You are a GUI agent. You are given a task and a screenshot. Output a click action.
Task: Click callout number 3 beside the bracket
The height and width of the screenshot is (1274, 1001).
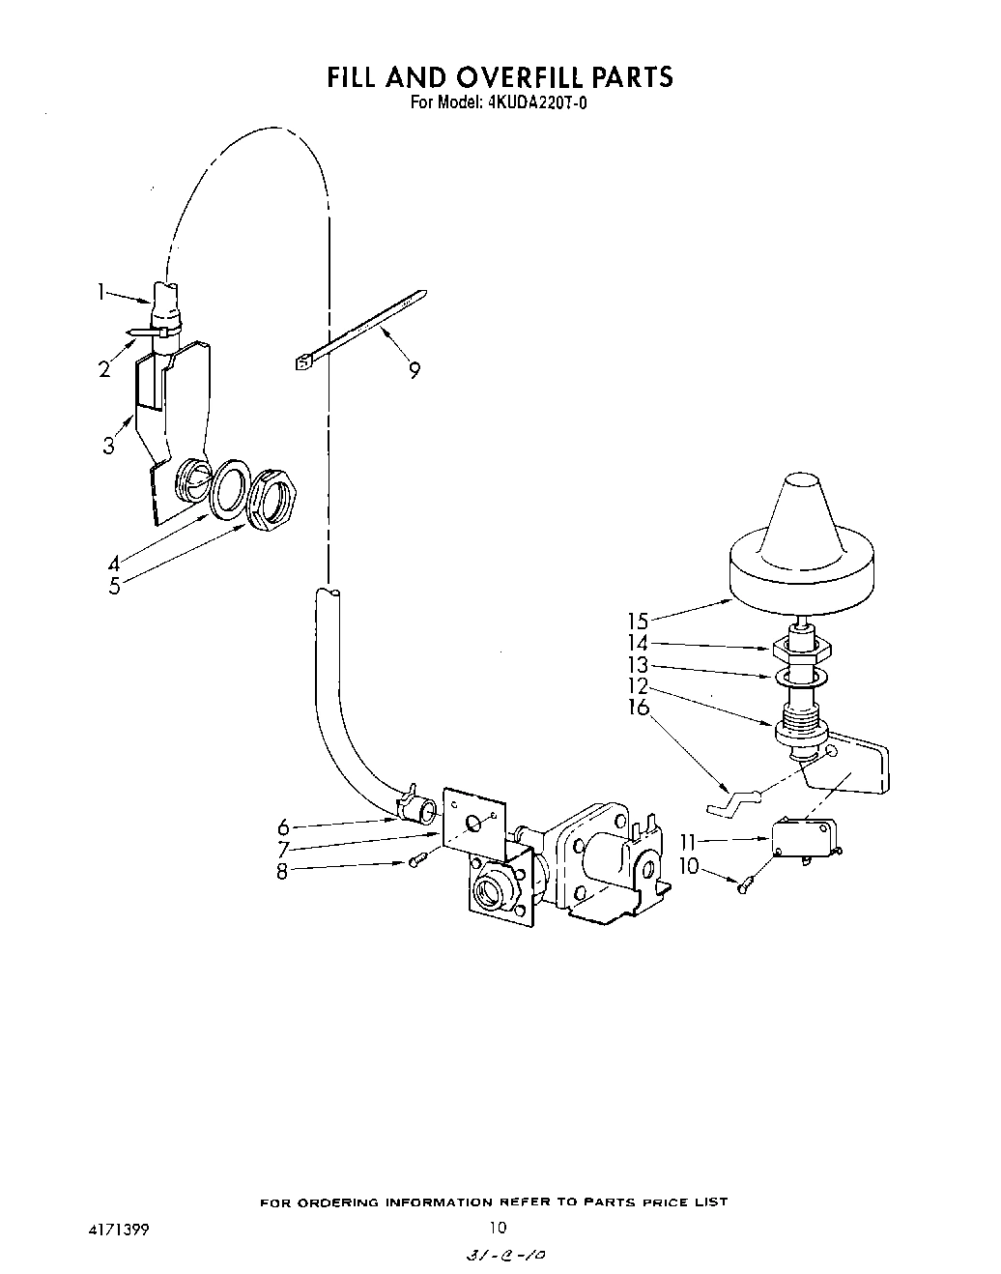(x=108, y=446)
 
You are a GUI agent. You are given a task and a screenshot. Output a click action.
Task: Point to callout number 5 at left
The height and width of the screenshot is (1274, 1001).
(x=114, y=586)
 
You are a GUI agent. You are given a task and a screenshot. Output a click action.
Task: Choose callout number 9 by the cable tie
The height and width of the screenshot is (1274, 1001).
(x=415, y=370)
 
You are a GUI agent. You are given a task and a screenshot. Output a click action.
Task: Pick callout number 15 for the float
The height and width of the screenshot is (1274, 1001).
(x=638, y=622)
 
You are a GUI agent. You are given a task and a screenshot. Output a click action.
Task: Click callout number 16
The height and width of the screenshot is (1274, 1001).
(x=638, y=709)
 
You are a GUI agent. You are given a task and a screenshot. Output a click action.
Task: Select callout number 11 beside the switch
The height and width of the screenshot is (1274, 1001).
(x=688, y=843)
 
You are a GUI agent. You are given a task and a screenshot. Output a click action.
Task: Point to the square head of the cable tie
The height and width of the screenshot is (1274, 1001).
(x=301, y=362)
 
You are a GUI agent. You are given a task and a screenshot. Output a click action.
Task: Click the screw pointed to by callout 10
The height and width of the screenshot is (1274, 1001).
(x=746, y=883)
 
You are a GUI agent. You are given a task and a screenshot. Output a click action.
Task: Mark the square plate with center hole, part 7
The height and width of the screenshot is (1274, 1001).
(x=473, y=822)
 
